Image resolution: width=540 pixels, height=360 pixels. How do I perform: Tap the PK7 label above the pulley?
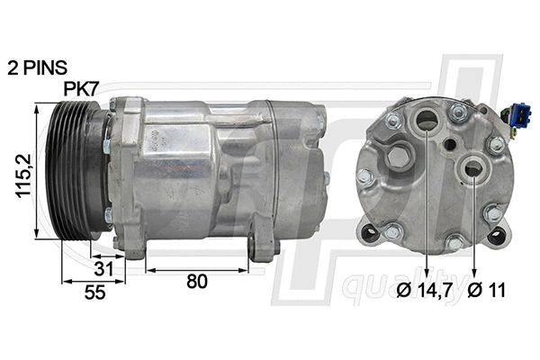click(x=83, y=89)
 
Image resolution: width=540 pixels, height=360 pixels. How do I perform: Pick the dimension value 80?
click(x=196, y=281)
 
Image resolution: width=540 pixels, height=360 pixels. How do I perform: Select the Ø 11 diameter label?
click(x=487, y=291)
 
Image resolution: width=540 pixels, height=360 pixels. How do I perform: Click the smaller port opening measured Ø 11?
click(x=472, y=167)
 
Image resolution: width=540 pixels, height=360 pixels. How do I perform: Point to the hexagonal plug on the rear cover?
click(x=368, y=177)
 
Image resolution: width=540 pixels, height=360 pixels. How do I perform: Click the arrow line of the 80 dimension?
click(x=196, y=267)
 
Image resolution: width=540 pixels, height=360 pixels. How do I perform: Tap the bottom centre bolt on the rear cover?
click(x=454, y=242)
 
